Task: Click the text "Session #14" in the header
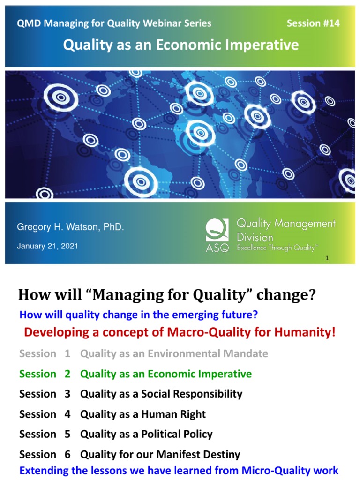(x=313, y=23)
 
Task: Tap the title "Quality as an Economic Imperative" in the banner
(x=181, y=45)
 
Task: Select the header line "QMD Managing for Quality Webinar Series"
(x=114, y=23)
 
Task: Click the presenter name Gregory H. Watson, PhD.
(x=70, y=227)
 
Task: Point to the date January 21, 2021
(x=47, y=246)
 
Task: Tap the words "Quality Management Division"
(x=286, y=230)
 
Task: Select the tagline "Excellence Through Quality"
(x=277, y=248)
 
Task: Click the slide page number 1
(x=326, y=258)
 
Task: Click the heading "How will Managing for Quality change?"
(x=167, y=295)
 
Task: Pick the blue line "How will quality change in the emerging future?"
(x=139, y=314)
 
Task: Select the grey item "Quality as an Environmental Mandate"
(x=174, y=354)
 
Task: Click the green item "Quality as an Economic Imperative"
(x=166, y=374)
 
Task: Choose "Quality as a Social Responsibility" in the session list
(x=161, y=394)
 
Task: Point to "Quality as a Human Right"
(x=143, y=414)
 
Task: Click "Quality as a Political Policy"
(x=146, y=435)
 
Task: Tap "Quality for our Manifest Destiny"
(x=160, y=455)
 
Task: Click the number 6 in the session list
(x=67, y=455)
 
